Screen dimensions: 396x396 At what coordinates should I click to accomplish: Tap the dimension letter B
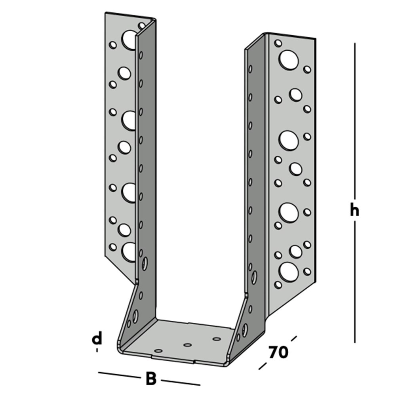(151, 379)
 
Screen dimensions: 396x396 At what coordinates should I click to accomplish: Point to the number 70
(278, 352)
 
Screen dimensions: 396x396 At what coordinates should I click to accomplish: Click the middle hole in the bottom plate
(188, 345)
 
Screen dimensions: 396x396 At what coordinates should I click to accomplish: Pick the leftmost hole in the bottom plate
(158, 351)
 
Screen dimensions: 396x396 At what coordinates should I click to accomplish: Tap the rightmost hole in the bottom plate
(216, 339)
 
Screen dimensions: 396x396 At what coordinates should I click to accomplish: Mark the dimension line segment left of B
(119, 375)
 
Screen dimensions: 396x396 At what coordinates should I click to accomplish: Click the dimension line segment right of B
(180, 382)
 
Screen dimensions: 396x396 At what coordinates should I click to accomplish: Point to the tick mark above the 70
(293, 339)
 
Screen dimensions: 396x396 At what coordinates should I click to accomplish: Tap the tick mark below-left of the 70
(263, 366)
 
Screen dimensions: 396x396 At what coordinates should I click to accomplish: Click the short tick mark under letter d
(97, 350)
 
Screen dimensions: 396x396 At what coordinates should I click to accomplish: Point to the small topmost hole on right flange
(278, 43)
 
